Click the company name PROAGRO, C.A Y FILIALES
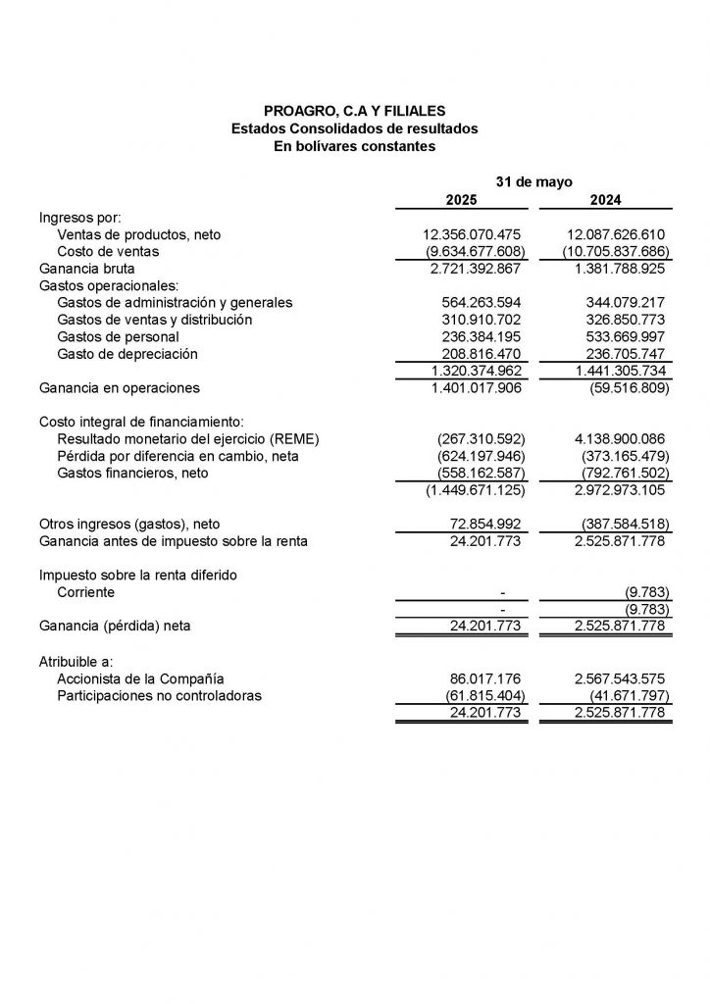coord(354,111)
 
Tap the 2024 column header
coord(605,200)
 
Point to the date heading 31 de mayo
coord(533,182)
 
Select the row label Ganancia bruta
coord(86,268)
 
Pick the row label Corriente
coord(85,592)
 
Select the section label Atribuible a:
coord(76,661)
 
